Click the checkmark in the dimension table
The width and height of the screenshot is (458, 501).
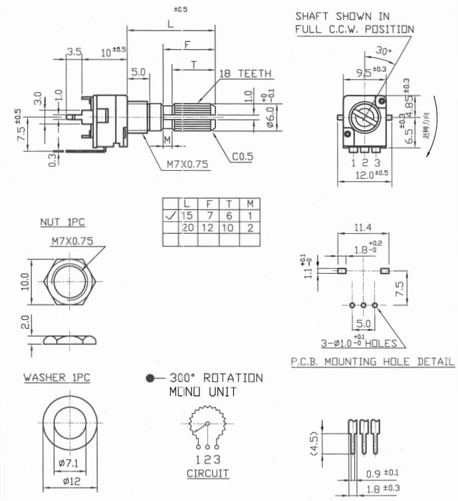(x=171, y=215)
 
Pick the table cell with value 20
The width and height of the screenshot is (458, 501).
(x=188, y=228)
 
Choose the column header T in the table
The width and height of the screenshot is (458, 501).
(x=229, y=203)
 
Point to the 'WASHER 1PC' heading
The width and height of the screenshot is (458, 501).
(x=57, y=377)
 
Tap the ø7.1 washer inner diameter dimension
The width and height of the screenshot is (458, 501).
(x=71, y=463)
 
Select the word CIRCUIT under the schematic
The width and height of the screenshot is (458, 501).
(x=207, y=474)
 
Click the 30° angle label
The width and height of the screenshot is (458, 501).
(x=384, y=50)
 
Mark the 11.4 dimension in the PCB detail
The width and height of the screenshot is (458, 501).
(x=364, y=228)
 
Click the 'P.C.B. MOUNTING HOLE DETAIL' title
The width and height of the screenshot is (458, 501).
(x=372, y=361)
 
